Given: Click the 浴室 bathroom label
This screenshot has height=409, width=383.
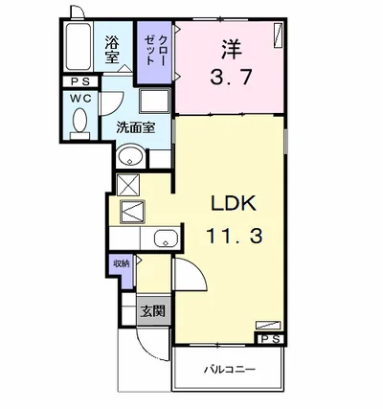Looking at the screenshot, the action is [x=112, y=50].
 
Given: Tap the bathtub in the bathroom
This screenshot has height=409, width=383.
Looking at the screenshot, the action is [x=79, y=46].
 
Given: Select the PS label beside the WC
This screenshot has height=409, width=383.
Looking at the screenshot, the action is [x=80, y=81].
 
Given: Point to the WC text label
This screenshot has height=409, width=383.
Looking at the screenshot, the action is [x=80, y=99].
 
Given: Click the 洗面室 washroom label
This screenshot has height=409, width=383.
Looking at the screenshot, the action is [x=136, y=127].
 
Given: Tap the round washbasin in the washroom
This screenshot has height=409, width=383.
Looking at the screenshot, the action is [x=130, y=156].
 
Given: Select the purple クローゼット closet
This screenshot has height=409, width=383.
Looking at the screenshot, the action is [x=155, y=52].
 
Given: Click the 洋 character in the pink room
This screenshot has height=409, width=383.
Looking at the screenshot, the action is [x=232, y=49].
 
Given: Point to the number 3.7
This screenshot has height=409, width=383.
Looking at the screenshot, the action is [x=232, y=77].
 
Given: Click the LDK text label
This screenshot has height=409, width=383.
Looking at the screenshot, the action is [x=235, y=203].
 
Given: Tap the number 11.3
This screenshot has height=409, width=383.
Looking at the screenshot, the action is [x=235, y=237].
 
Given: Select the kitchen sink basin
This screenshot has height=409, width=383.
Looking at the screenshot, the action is [x=166, y=239].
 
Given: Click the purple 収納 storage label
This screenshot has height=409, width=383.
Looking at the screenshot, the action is [x=122, y=263].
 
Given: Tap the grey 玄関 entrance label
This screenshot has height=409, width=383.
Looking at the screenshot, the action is [x=153, y=310].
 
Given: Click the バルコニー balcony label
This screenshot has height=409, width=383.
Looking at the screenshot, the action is [x=230, y=370].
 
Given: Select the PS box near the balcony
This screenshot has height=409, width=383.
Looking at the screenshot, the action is [x=270, y=339].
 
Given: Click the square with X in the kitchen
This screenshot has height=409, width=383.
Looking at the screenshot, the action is [x=128, y=185].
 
